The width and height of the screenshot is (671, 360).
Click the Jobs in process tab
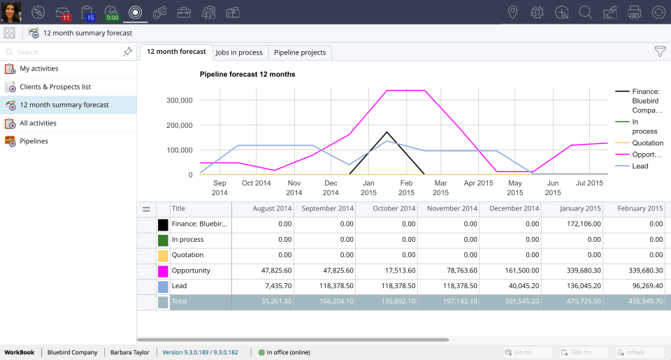(239, 52)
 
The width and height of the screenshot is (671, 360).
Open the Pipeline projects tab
(300, 52)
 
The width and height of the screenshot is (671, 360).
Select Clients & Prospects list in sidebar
(55, 87)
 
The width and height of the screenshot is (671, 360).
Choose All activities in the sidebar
(38, 123)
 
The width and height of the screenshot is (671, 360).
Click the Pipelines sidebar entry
(34, 141)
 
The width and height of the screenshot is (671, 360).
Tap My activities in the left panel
(38, 69)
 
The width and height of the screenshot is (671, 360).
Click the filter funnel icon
(659, 51)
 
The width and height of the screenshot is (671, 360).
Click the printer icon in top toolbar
(634, 12)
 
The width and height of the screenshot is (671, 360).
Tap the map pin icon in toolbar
(513, 12)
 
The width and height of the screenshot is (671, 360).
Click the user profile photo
(11, 12)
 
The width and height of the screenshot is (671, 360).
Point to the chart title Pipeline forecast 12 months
(247, 74)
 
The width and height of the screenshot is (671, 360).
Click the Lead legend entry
(640, 166)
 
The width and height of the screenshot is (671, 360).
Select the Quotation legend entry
(647, 143)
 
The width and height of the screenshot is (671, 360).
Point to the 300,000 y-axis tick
(179, 100)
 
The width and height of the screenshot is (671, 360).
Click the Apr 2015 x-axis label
(479, 183)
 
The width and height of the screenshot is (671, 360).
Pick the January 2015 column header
(571, 208)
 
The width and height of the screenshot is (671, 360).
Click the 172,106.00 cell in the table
(571, 224)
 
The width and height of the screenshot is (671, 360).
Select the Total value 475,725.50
(571, 302)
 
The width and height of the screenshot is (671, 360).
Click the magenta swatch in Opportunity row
(163, 271)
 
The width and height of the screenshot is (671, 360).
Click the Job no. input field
(528, 352)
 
